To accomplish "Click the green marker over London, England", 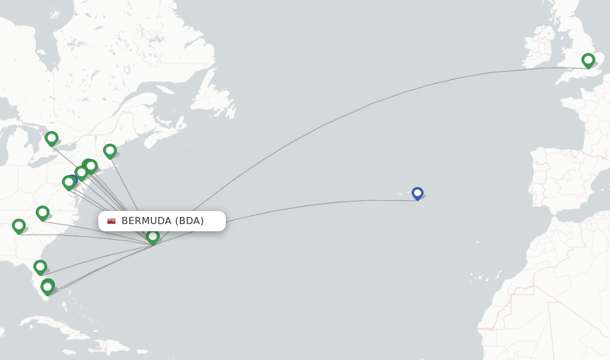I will pos(588,60).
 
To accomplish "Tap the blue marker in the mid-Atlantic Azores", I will pos(417,193).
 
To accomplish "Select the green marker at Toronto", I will pos(51,138).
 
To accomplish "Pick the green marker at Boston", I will pos(110,151).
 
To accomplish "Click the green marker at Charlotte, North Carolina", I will pos(42,213).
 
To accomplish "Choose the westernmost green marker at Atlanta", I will pos(18,226).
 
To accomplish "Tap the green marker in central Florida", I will pos(40,266).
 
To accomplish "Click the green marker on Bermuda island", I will pos(152,237).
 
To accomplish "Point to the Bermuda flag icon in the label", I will pos(111,221).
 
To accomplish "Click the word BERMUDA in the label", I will pos(147,221).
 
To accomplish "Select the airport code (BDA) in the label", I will pos(189,221).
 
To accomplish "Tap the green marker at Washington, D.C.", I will pos(69,182).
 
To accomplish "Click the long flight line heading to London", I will pos(357,110).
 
